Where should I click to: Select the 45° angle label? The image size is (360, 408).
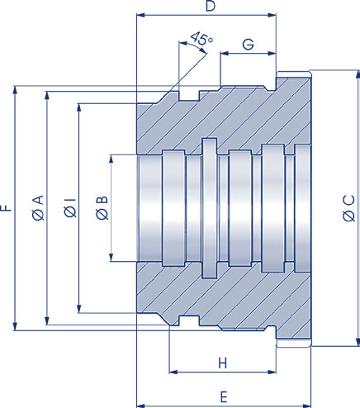pos(201,38)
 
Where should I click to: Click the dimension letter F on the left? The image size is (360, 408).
pos(7,208)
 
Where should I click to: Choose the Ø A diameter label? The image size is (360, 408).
pos(37,208)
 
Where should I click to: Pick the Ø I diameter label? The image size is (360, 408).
pos(69,208)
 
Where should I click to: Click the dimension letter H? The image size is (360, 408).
pos(222,363)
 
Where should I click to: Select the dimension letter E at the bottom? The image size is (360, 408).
pos(224,398)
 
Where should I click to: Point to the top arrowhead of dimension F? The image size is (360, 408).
pos(15,87)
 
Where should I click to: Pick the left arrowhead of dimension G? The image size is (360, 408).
pos(223,55)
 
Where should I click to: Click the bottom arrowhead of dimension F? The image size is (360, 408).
pos(15,328)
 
